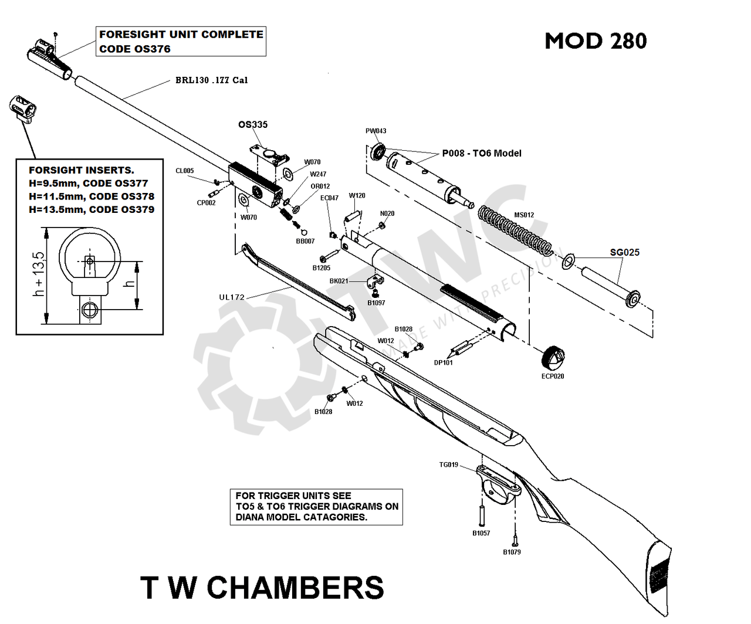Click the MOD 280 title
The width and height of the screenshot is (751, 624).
(x=596, y=41)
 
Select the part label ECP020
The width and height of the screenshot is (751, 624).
(x=552, y=376)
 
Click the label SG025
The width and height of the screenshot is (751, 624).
(x=624, y=252)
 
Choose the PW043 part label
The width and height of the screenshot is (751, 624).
(x=375, y=131)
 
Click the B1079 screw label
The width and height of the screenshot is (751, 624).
(x=512, y=552)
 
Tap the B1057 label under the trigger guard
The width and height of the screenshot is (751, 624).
(x=481, y=533)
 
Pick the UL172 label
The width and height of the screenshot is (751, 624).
(x=232, y=297)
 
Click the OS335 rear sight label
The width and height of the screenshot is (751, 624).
(x=253, y=124)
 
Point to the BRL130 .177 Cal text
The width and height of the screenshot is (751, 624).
(x=211, y=80)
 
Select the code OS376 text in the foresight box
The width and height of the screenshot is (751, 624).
(x=135, y=49)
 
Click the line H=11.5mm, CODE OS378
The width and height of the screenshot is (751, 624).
(x=92, y=196)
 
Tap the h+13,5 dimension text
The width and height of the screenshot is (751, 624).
(x=38, y=274)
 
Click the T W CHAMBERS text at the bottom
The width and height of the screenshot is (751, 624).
(x=262, y=587)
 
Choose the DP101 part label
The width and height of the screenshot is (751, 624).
(x=443, y=362)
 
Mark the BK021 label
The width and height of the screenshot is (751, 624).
(x=339, y=281)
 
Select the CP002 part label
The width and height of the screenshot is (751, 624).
(x=206, y=203)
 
